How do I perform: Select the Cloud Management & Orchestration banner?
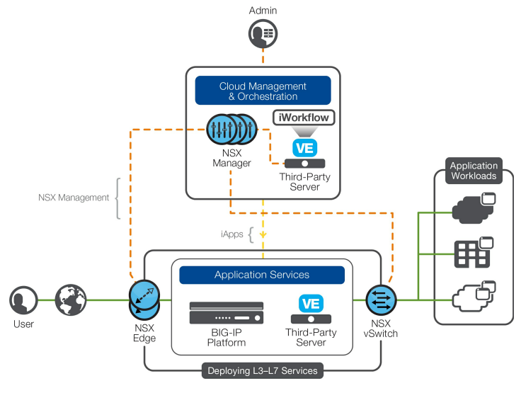[x=263, y=91]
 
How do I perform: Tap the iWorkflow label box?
[x=303, y=118]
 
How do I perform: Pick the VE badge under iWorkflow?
[x=303, y=147]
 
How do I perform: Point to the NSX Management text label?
[x=74, y=198]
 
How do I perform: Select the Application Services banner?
[x=262, y=275]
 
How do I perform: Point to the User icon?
[x=23, y=300]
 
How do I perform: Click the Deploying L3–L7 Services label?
[x=263, y=370]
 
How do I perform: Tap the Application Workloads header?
[x=474, y=171]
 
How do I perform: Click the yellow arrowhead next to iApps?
[x=263, y=233]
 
